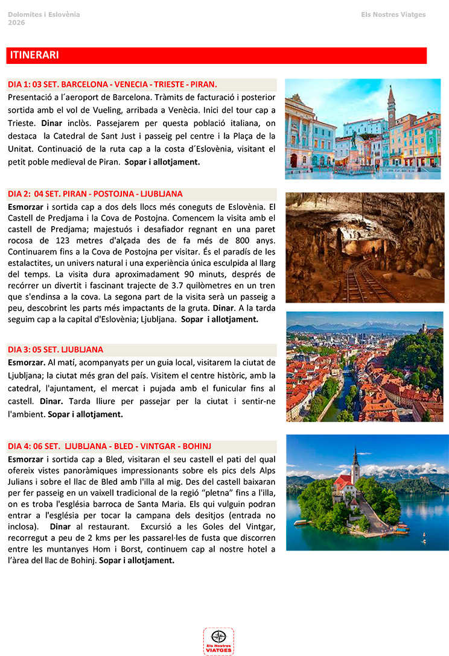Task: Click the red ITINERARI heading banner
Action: (x=216, y=55)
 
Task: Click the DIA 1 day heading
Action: (x=112, y=84)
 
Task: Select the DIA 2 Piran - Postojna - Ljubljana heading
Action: (x=95, y=194)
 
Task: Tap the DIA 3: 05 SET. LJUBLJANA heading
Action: (x=56, y=350)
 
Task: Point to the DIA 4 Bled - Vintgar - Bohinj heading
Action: (x=109, y=447)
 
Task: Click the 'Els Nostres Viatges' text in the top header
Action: (x=393, y=14)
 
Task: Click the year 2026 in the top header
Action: (x=16, y=22)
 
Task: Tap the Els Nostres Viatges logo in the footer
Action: (x=218, y=641)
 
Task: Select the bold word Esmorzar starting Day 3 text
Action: (x=26, y=362)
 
